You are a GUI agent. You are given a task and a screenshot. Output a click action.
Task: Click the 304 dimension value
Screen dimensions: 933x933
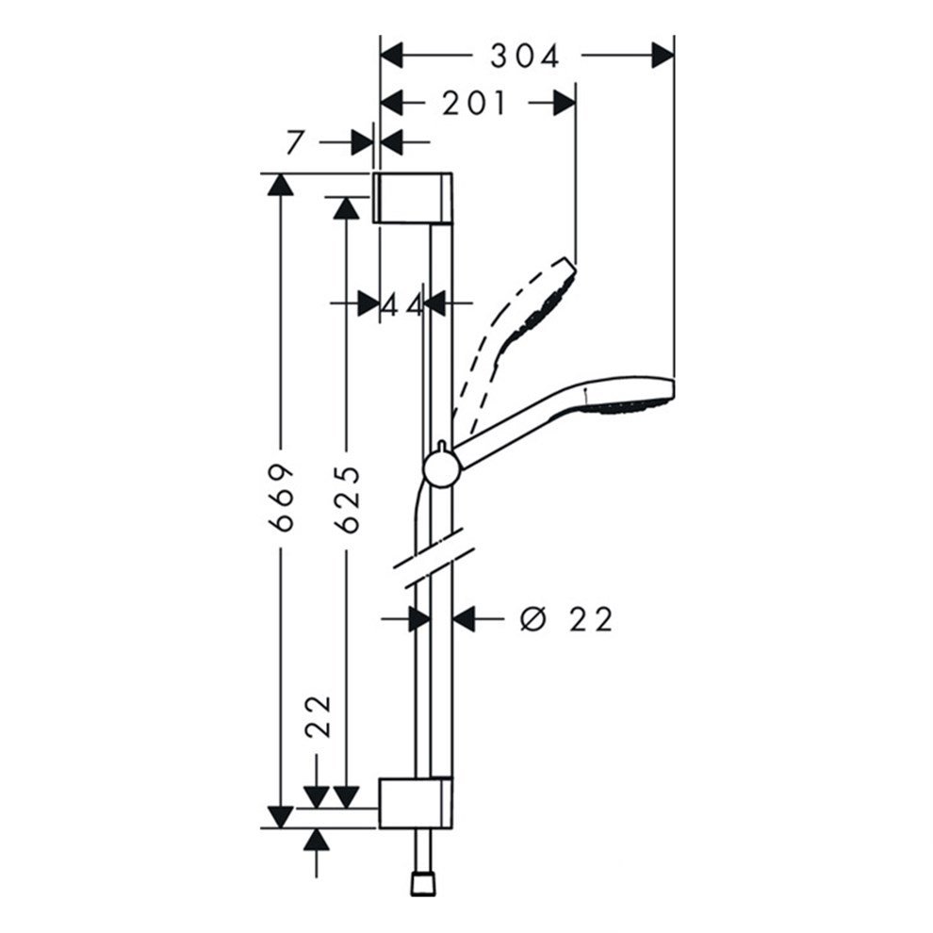(524, 57)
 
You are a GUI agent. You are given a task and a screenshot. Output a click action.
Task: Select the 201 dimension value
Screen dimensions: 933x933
(474, 103)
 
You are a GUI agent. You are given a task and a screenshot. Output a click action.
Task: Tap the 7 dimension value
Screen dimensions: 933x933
(296, 143)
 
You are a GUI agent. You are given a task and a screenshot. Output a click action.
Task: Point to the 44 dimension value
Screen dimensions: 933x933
(402, 303)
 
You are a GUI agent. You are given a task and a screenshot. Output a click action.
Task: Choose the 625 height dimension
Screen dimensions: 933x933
(347, 499)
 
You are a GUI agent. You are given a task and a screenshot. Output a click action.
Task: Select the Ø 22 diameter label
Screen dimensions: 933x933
(566, 619)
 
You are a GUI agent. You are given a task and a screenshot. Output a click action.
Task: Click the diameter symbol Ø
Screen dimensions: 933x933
(533, 619)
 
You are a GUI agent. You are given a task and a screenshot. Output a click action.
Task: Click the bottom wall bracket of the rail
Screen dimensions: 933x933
(415, 803)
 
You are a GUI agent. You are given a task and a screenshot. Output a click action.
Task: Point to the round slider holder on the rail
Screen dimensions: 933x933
(440, 466)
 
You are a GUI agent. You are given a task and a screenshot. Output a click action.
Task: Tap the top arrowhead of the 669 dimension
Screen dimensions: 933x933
(279, 184)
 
